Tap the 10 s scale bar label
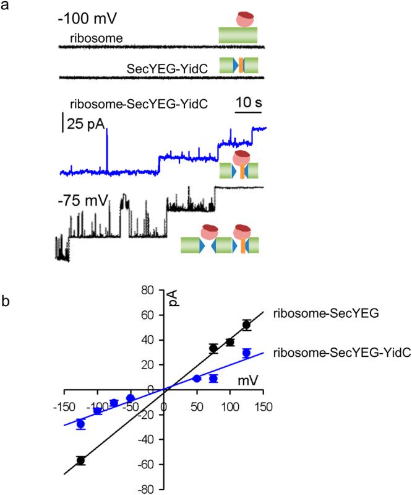(248, 102)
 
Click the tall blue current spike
(107, 149)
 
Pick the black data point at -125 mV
(80, 460)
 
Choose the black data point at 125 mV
(246, 325)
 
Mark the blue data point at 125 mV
(246, 353)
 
